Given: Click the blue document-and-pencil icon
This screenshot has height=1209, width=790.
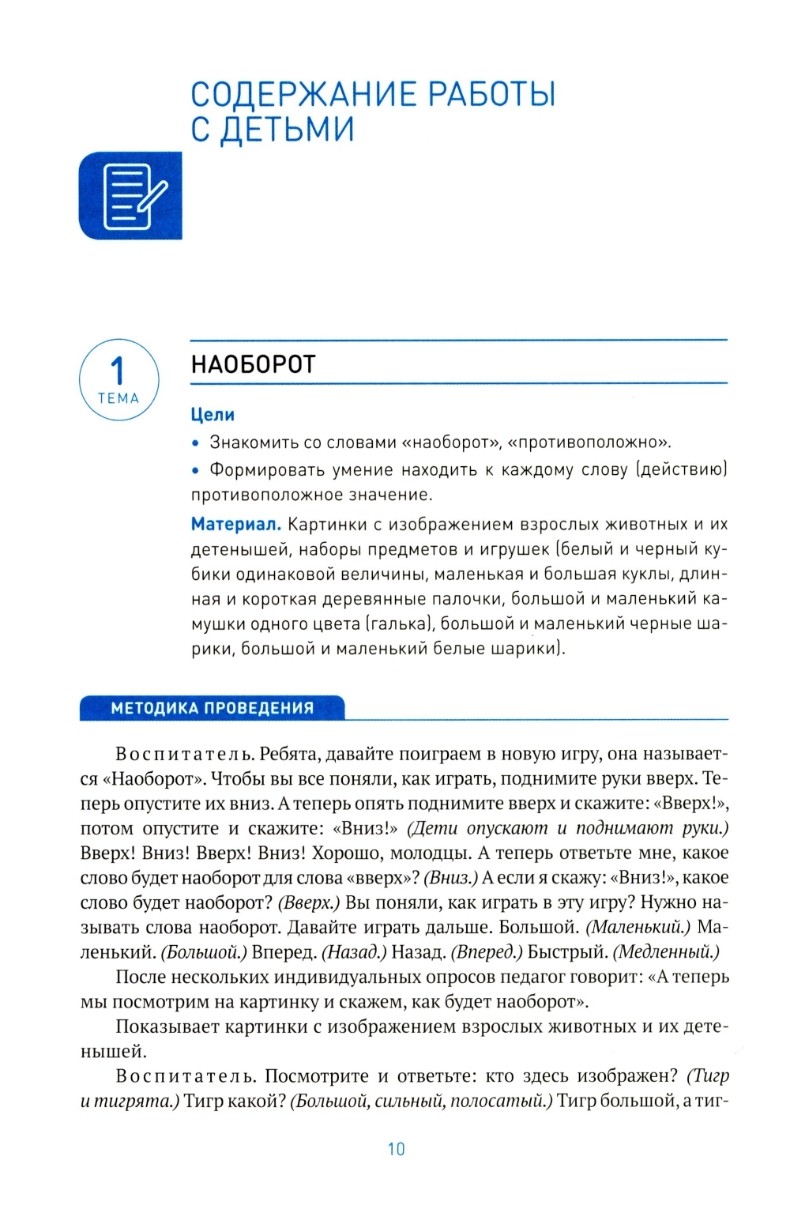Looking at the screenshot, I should coord(130,196).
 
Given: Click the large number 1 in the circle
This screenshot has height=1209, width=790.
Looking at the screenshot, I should coord(118,371).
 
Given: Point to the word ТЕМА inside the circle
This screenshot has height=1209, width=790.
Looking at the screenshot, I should coord(118,399).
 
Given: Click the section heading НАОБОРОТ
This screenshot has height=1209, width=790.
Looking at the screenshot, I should coord(254,365).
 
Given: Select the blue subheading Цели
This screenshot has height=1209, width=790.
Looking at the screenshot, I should coord(213,415).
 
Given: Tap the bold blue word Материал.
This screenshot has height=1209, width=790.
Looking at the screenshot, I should coord(235,525).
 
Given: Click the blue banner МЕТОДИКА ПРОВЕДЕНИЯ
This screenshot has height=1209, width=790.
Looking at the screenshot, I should coord(212,708).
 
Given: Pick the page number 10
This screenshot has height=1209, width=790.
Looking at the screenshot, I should coord(396,1149).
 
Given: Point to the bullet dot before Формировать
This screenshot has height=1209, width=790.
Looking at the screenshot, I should coord(197,471).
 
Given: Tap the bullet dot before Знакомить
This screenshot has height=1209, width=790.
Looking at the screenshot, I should coord(197,443).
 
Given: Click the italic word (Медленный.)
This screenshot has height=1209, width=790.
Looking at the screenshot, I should coord(666,952).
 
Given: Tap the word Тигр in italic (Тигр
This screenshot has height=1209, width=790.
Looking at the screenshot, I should coord(708,1075).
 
